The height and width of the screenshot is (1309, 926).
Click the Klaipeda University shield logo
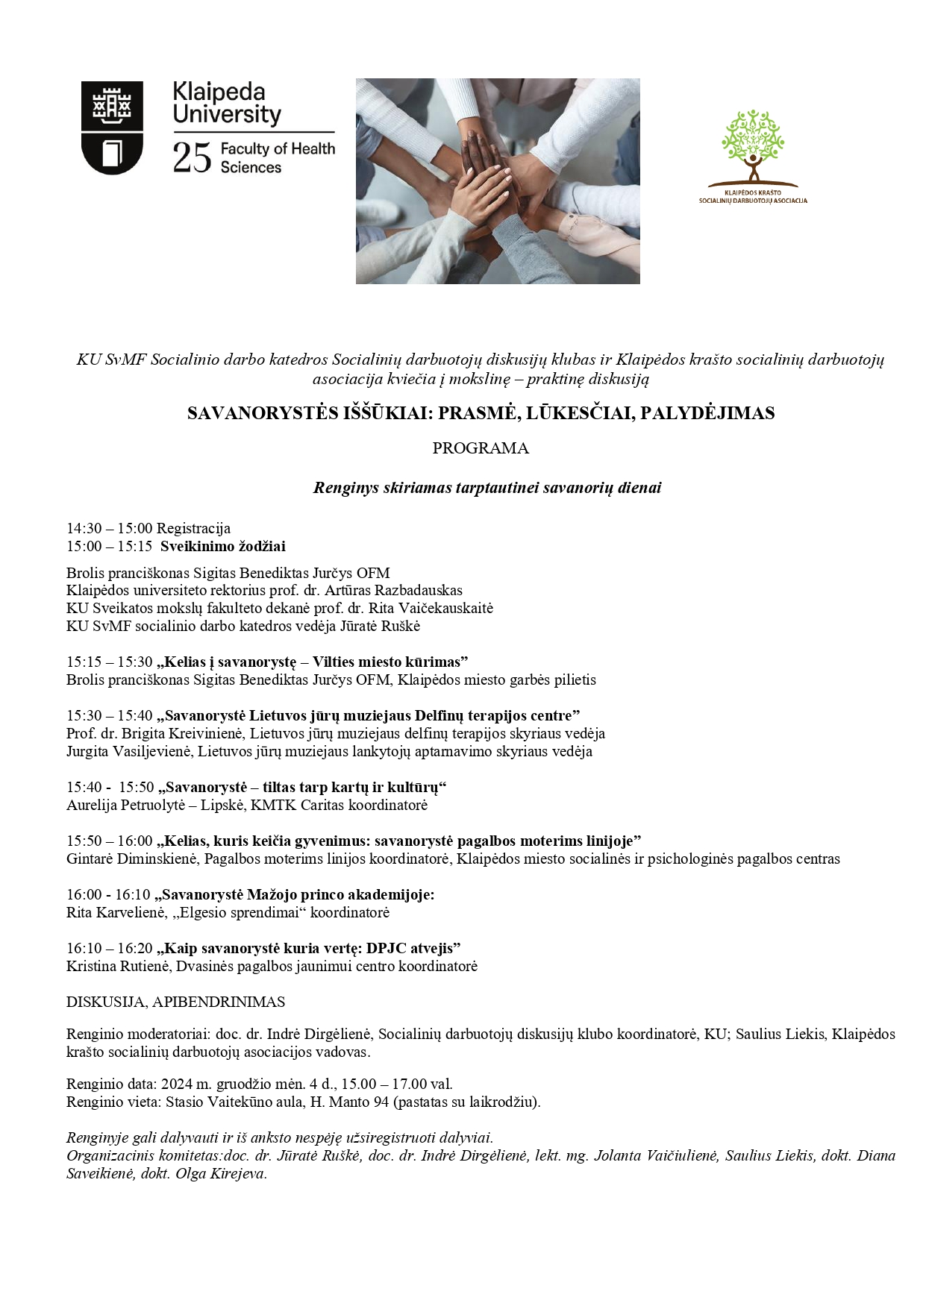pos(112,128)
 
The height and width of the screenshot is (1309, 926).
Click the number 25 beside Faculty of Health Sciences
pos(192,158)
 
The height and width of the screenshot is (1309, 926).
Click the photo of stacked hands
pos(498,181)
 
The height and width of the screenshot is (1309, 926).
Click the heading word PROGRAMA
pos(481,448)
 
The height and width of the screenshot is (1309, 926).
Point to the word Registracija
pos(193,529)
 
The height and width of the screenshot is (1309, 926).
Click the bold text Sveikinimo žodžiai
pos(222,547)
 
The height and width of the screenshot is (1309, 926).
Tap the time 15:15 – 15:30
pos(109,662)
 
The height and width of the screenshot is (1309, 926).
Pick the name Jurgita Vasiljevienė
pos(130,752)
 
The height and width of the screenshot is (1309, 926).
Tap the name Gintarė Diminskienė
pos(132,859)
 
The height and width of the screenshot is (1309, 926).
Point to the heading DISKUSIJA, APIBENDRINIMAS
pos(175,1002)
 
